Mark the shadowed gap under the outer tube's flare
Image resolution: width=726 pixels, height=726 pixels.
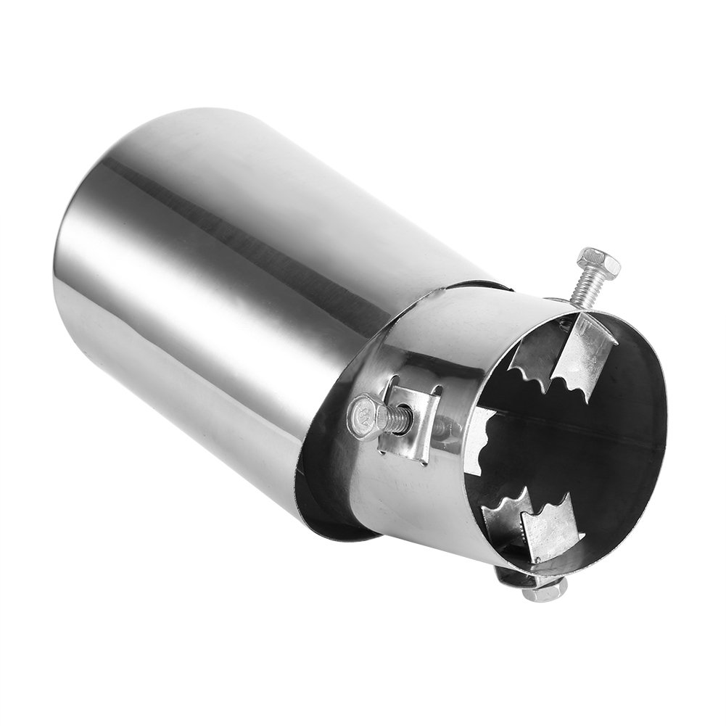pyautogui.click(x=326, y=508)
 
